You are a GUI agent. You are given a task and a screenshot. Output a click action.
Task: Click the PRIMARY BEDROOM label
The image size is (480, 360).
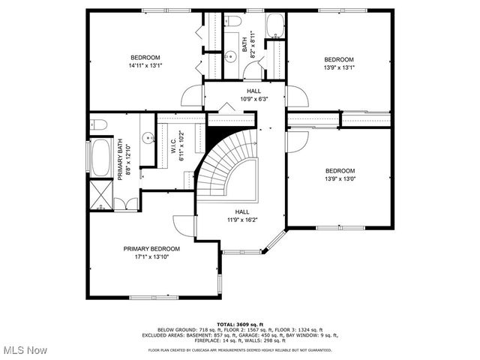pos(151,248)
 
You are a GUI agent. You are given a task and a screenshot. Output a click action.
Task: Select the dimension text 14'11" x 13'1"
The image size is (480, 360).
pos(145,66)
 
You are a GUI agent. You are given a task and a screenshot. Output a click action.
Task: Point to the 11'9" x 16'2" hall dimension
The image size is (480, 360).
pos(242,220)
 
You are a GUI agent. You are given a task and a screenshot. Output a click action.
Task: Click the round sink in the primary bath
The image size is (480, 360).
pos(147,138)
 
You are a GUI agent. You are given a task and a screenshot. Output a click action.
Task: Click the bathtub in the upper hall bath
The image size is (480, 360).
pos(275,25)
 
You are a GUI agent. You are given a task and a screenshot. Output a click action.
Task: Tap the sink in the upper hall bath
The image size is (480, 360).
pos(231,55)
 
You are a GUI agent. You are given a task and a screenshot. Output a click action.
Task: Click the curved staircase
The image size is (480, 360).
pos(225,165)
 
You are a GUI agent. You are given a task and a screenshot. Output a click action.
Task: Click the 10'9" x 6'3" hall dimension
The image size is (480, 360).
pos(254,98)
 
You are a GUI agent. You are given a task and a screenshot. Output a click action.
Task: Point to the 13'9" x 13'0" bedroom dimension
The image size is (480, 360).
pos(339,178)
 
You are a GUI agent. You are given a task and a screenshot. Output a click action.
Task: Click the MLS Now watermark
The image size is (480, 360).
pos(24,350)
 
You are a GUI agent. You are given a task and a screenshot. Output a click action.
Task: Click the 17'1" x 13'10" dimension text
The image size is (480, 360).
pos(151,256)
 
